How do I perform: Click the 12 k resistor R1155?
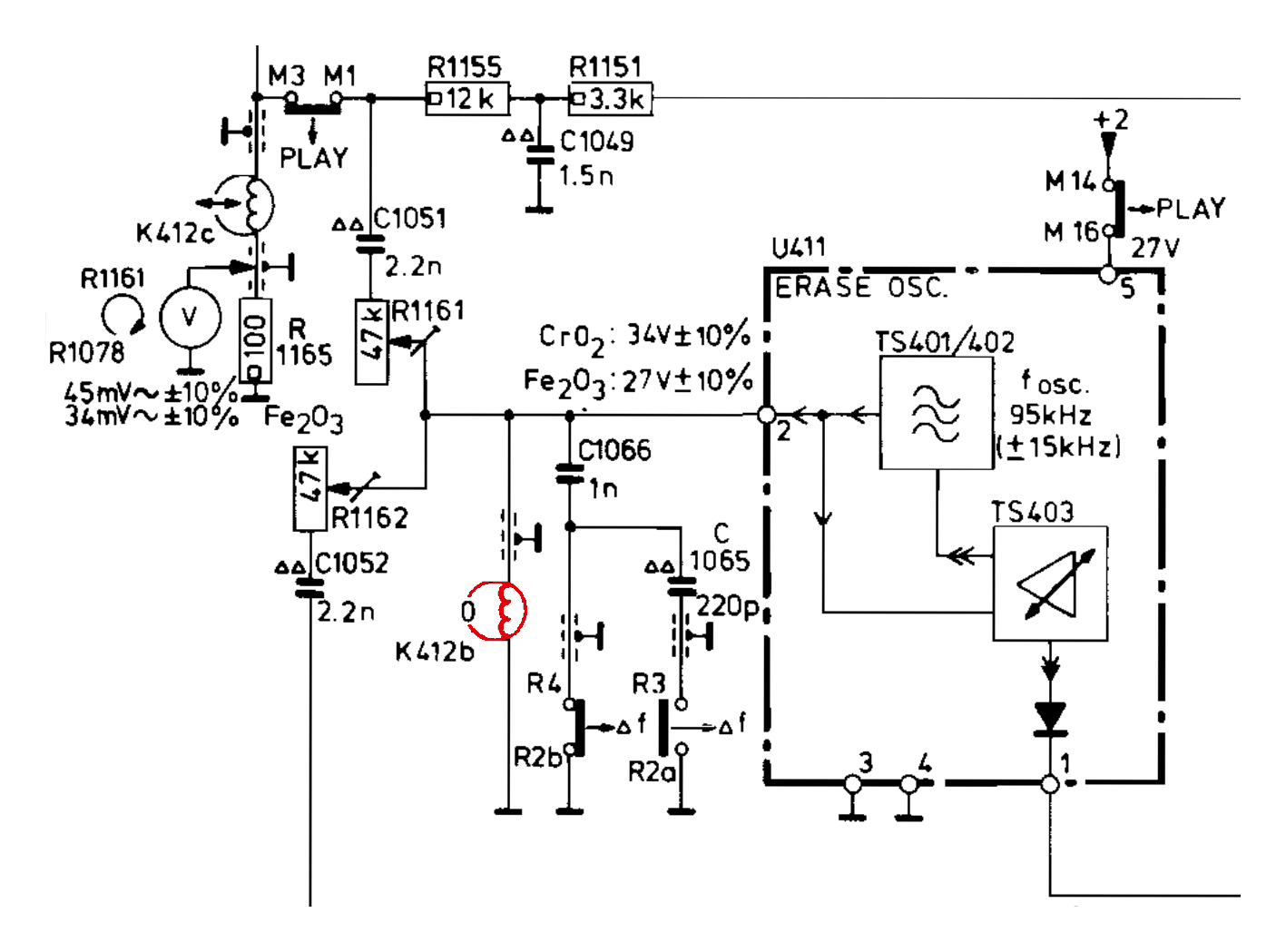466,99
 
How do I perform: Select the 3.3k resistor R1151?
610,99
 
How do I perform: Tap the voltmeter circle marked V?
191,317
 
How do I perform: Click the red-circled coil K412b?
497,611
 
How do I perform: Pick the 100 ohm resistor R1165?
256,341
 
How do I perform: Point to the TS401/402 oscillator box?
936,413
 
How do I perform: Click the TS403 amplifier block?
1050,584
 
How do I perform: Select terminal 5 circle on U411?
1108,274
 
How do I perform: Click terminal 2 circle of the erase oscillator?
767,415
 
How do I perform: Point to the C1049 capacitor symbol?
540,155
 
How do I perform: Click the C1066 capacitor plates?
569,474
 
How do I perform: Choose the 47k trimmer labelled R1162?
310,489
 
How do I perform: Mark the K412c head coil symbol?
245,205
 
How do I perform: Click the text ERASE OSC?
861,288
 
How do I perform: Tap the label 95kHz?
1050,415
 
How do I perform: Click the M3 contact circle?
292,98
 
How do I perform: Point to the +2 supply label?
1110,120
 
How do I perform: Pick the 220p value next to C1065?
727,606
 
